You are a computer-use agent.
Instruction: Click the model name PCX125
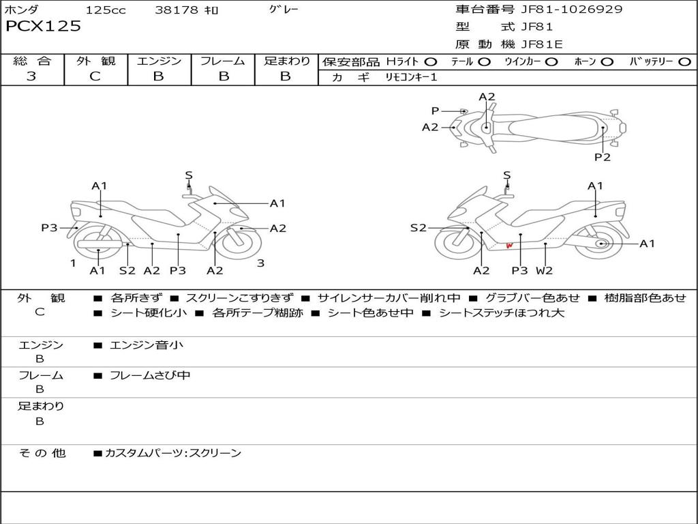click(43, 27)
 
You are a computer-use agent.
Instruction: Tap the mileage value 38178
click(177, 10)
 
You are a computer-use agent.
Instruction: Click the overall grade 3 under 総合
click(31, 76)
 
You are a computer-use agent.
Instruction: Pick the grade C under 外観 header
click(95, 76)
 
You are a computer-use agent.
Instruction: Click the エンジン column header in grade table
click(159, 61)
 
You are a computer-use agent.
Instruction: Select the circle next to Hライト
click(431, 61)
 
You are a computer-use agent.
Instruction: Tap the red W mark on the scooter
click(509, 246)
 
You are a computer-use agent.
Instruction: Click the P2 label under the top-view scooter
click(602, 158)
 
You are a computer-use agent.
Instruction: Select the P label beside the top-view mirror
click(435, 111)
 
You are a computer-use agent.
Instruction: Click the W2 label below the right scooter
click(544, 271)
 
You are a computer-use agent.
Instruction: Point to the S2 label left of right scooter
click(418, 228)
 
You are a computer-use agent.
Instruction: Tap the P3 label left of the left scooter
click(49, 228)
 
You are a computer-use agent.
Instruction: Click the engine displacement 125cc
click(106, 10)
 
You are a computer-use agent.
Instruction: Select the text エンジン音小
click(147, 345)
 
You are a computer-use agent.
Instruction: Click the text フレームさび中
click(150, 375)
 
